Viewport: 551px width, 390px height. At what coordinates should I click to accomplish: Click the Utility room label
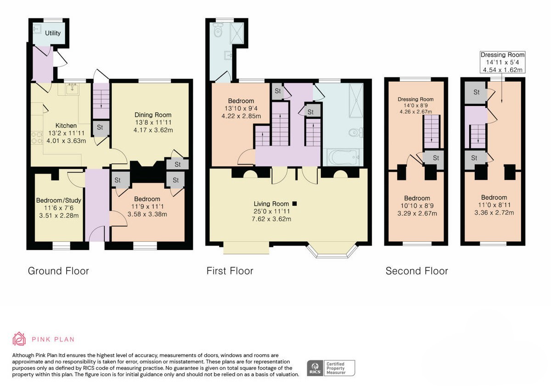[53, 33]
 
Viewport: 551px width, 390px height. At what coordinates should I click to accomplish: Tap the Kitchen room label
[66, 126]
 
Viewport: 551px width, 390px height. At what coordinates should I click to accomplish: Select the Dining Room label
[153, 115]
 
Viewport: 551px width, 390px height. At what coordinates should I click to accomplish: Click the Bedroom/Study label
[59, 201]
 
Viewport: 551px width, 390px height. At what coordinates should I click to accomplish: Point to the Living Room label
[271, 204]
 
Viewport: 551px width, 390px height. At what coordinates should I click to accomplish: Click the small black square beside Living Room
[294, 203]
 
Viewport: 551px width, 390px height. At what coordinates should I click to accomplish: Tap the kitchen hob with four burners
[37, 138]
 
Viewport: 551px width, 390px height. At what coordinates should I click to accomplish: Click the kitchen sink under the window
[72, 89]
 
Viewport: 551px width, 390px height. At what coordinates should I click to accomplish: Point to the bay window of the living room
[332, 251]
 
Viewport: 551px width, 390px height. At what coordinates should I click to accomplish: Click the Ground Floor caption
[58, 271]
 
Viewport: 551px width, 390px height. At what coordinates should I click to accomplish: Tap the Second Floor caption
[417, 271]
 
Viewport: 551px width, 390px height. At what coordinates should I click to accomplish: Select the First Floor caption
[230, 271]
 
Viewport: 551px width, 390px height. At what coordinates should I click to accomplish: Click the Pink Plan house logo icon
[19, 339]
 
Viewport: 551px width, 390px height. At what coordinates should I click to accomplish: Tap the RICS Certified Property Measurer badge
[331, 368]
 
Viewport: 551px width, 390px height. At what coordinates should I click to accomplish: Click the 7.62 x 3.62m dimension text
[271, 219]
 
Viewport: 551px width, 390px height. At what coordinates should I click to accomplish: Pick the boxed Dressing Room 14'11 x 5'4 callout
[502, 62]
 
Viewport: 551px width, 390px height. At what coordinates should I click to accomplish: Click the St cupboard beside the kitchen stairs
[100, 128]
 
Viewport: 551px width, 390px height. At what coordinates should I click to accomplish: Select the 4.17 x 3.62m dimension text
[153, 130]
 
